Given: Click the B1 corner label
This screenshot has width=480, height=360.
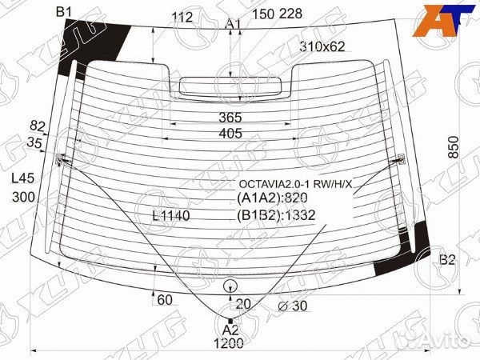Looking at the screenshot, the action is coord(64,12).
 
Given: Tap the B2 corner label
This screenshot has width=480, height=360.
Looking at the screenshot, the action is coord(447,260).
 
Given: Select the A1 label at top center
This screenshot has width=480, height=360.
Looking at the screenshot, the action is coord(234,24).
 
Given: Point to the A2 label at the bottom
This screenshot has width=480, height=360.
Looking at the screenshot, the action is coord(230,330).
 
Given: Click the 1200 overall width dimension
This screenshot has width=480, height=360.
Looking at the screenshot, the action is coord(229,344).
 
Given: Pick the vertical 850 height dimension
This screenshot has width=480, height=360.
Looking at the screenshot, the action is coord(454,147).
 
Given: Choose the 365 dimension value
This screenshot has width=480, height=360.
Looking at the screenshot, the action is coord(230,118).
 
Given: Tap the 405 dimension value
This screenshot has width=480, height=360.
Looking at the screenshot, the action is coord(230,133).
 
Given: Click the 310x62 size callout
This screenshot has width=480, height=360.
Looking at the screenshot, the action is coord(322,46).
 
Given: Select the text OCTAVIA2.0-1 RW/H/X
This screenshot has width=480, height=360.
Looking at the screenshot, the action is coord(296,184).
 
